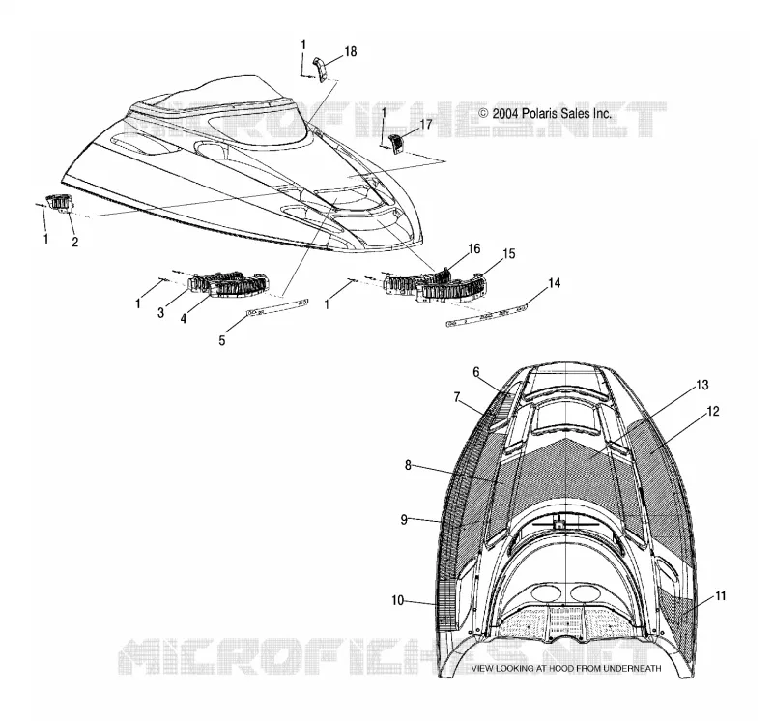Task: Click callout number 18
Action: click(x=351, y=52)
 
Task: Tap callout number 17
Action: click(x=426, y=125)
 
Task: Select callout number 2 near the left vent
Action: click(x=75, y=242)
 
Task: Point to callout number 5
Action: click(x=222, y=340)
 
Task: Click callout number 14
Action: click(x=554, y=283)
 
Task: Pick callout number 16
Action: click(x=473, y=248)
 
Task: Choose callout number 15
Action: click(x=509, y=253)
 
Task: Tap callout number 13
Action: click(x=702, y=385)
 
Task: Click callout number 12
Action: click(x=713, y=411)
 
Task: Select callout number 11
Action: click(x=720, y=596)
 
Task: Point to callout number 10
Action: click(x=398, y=600)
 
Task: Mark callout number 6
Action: click(x=475, y=372)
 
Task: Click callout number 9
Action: click(x=404, y=520)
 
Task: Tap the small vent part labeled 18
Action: click(x=321, y=70)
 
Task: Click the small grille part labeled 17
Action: click(x=397, y=144)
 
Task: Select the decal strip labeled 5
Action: click(x=277, y=306)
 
